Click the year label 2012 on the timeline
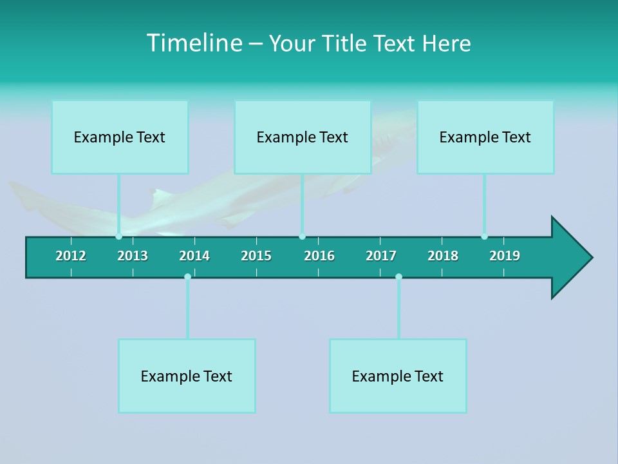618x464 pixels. (x=71, y=256)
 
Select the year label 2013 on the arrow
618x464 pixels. (x=133, y=256)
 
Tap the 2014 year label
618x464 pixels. (x=194, y=256)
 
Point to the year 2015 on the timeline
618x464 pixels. (x=256, y=256)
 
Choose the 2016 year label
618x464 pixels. (x=319, y=256)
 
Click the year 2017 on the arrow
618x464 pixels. (x=381, y=256)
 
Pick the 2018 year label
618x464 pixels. (x=443, y=256)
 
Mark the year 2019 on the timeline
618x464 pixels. (x=505, y=256)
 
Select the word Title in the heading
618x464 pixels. (x=345, y=43)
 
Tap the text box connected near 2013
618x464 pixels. (x=120, y=137)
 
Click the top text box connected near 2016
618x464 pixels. (x=303, y=137)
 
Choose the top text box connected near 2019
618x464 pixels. (x=485, y=137)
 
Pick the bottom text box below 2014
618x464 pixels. (x=187, y=376)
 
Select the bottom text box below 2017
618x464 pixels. (x=398, y=376)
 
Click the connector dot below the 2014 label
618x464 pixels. (x=187, y=276)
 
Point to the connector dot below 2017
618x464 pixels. (x=398, y=276)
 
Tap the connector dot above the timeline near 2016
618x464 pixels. (x=302, y=237)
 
